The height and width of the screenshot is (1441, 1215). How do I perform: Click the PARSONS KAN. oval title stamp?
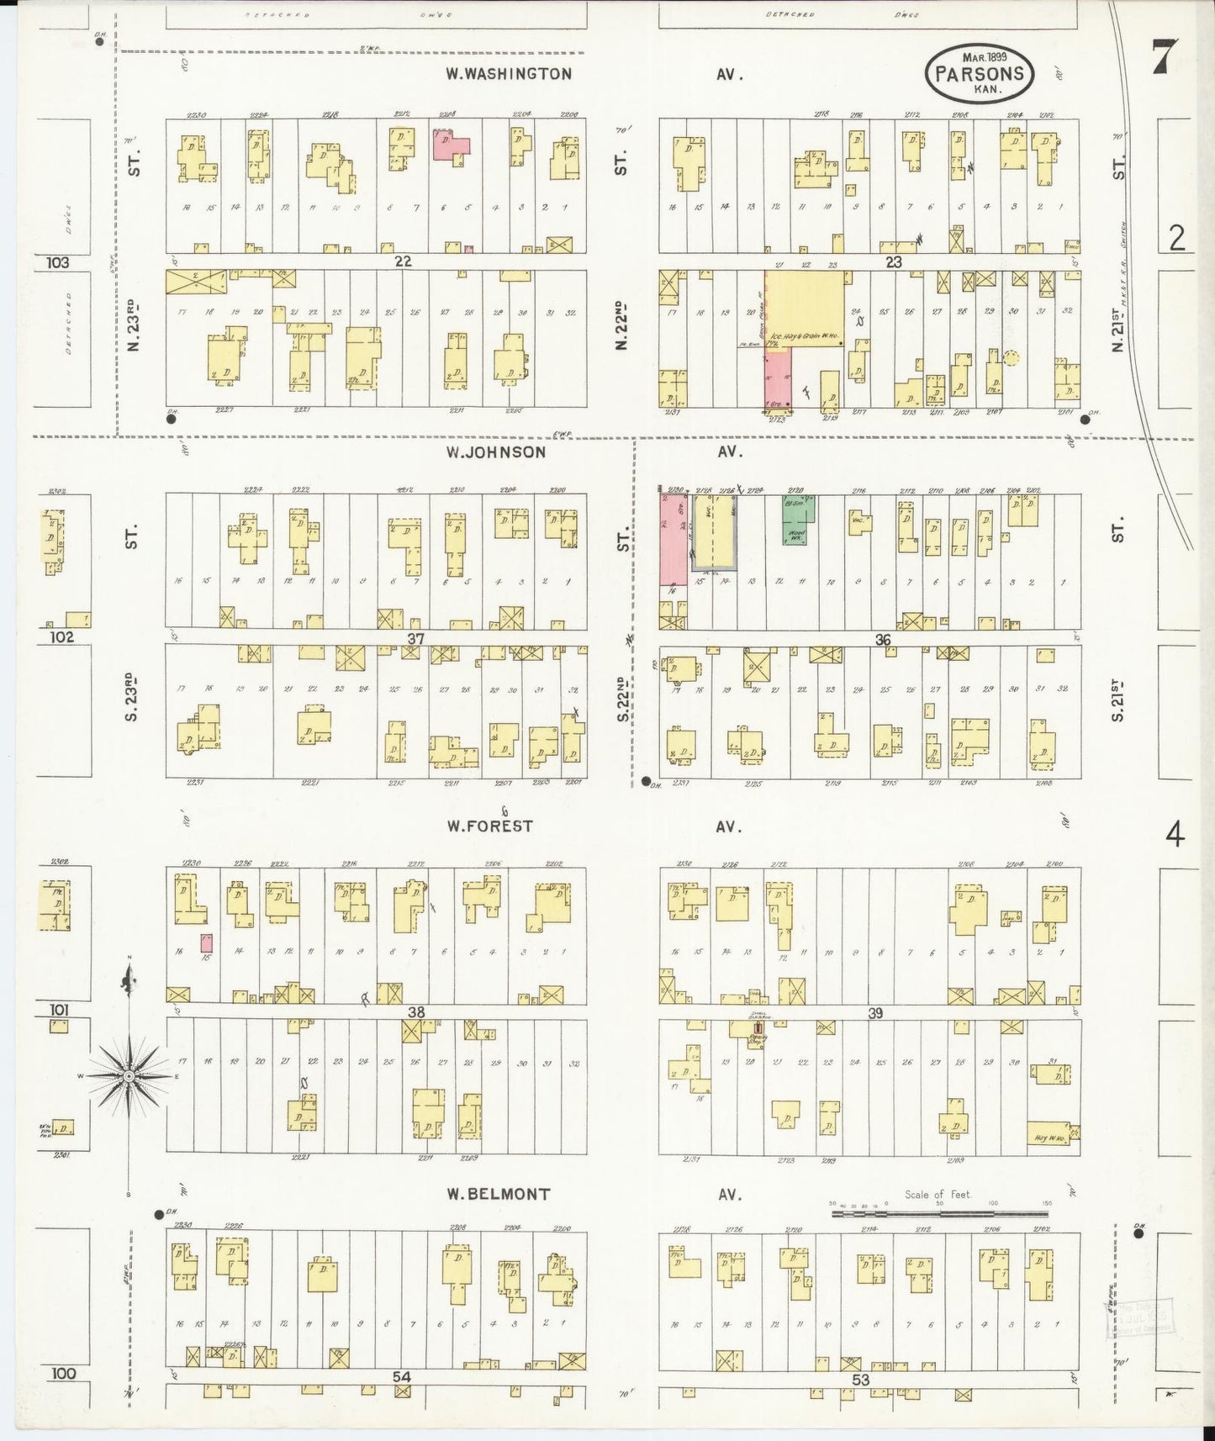pos(979,73)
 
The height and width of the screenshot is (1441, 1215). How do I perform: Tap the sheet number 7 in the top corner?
pos(1165,59)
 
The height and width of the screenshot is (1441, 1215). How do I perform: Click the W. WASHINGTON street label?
pos(509,74)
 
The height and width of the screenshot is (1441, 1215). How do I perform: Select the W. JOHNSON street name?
pos(496,452)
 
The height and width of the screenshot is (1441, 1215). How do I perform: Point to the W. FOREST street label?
pos(489,826)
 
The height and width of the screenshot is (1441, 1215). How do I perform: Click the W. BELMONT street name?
pos(498,1194)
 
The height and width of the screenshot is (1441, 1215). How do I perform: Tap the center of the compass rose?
pos(129,1076)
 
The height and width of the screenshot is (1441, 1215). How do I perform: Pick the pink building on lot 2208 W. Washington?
pos(450,144)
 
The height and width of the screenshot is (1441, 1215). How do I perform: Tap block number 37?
pos(415,639)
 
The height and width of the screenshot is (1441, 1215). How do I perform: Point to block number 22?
pos(403,261)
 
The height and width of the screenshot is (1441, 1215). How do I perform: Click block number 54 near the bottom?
pos(402,1376)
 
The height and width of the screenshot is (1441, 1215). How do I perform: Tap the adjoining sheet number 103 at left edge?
pos(58,262)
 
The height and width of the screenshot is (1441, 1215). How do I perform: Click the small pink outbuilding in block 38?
pos(206,942)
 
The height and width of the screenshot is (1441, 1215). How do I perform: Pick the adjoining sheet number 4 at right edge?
pos(1175,836)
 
